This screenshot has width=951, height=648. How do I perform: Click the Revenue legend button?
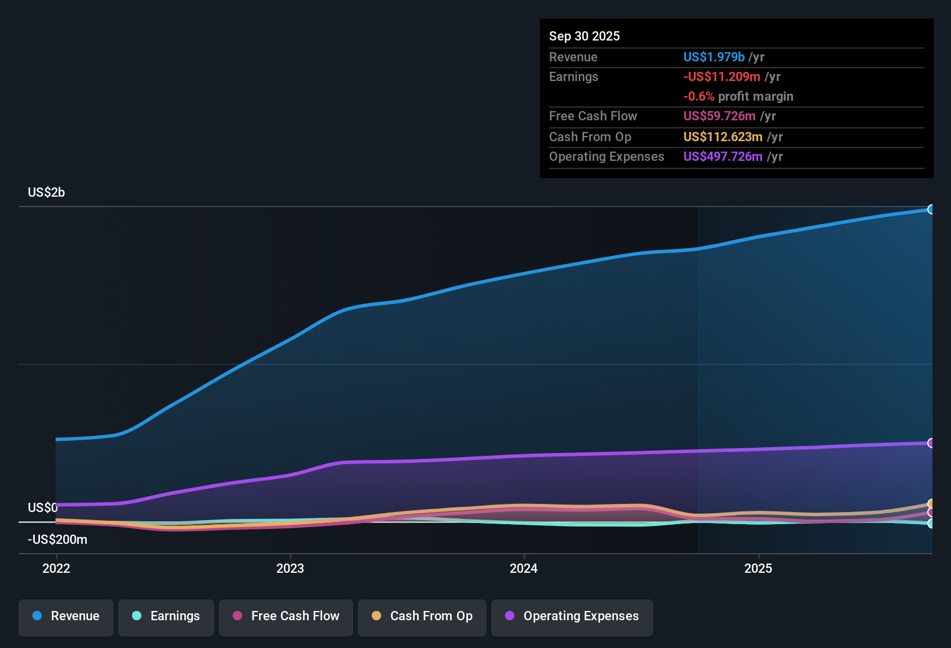click(x=66, y=616)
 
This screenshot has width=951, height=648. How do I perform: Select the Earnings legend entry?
click(x=166, y=616)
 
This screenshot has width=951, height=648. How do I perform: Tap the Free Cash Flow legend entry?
click(x=286, y=616)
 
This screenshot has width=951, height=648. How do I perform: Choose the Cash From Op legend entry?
click(x=422, y=616)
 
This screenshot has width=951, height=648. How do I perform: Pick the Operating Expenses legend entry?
click(x=572, y=616)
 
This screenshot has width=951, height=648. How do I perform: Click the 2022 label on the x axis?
click(x=56, y=568)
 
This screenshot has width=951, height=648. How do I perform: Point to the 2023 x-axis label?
click(x=290, y=568)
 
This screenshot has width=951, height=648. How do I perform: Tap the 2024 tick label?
click(x=524, y=568)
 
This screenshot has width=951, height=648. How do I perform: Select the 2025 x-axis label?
click(x=758, y=568)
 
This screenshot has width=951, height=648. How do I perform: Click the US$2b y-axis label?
click(x=46, y=192)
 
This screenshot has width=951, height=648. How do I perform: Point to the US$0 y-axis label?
click(x=43, y=507)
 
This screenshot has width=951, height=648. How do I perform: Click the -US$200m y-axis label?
click(x=57, y=539)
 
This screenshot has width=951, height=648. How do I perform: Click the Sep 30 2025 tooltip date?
click(x=584, y=36)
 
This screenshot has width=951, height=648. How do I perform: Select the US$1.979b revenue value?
click(x=714, y=57)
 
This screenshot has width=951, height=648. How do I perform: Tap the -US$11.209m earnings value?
click(x=722, y=76)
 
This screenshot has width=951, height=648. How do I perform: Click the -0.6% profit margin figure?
click(x=698, y=96)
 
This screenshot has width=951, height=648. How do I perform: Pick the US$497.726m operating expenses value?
click(x=723, y=156)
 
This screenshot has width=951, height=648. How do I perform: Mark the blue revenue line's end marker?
click(x=931, y=209)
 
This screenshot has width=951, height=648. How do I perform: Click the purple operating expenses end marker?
click(x=931, y=443)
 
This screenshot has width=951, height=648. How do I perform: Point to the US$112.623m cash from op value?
click(x=723, y=137)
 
